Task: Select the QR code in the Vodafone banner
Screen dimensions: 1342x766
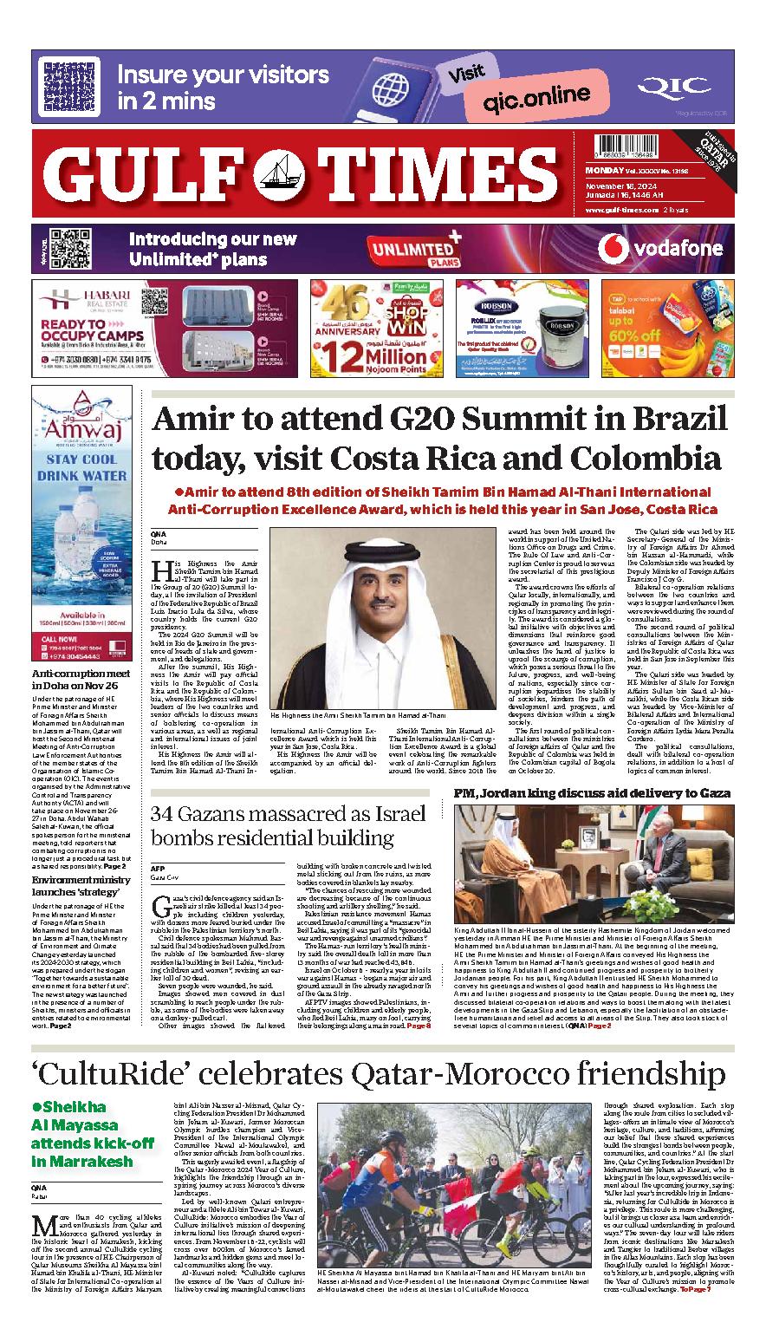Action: point(59,249)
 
